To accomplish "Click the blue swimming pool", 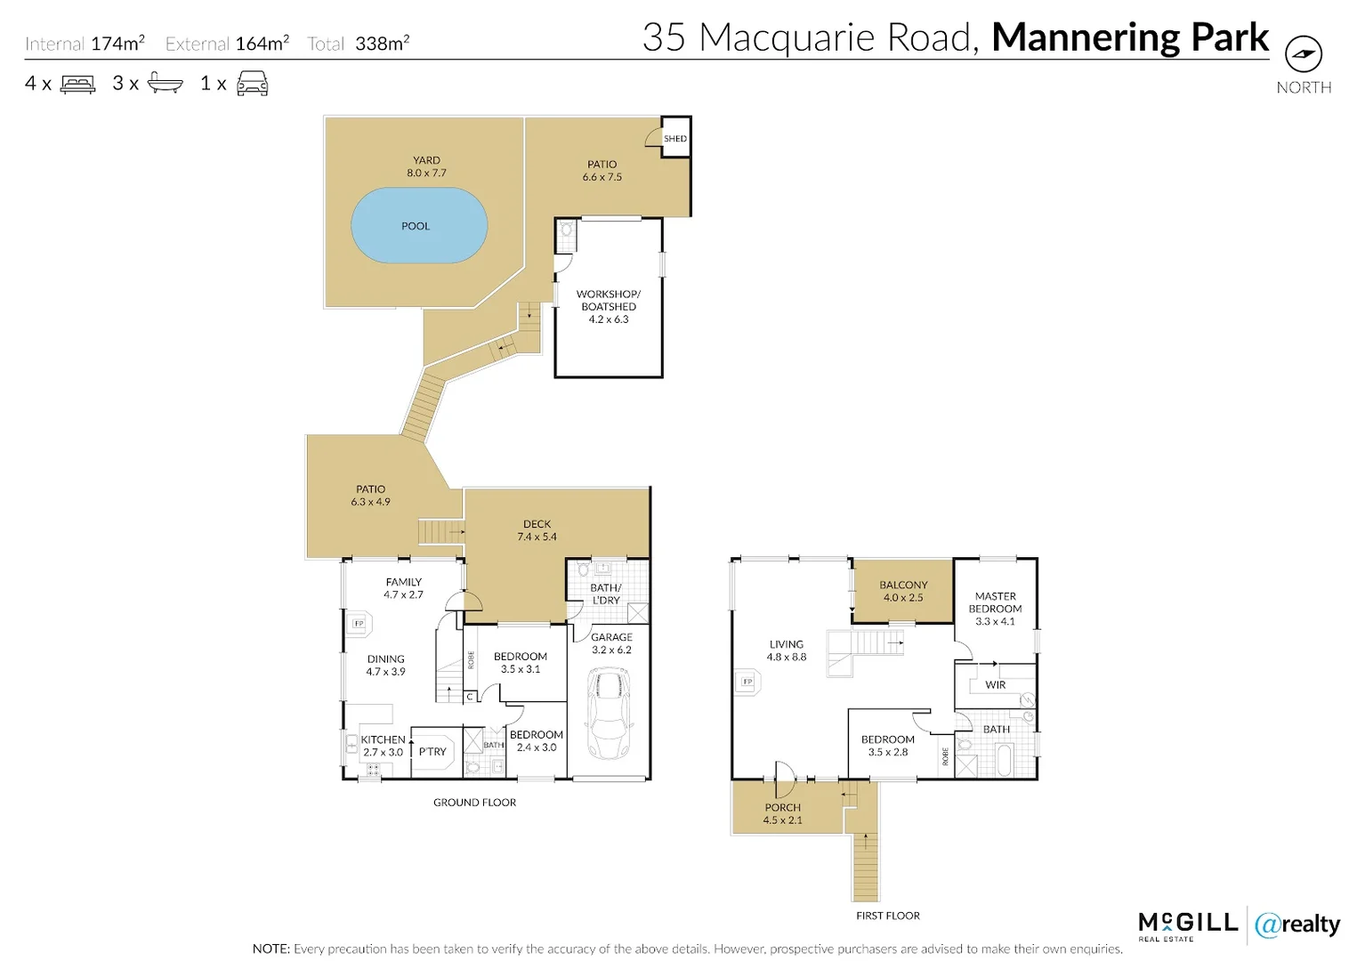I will tap(419, 225).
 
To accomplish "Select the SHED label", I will tap(675, 139).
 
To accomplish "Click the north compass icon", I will tap(1304, 54).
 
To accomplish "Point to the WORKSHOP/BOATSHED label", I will tap(609, 306).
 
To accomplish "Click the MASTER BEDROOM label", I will tap(995, 609).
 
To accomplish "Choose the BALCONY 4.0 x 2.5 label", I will tap(903, 592).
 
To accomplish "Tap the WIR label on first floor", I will tap(996, 685).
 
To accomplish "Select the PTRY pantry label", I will tap(432, 752).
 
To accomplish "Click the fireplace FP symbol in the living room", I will tap(747, 682).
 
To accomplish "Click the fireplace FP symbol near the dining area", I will tap(359, 623).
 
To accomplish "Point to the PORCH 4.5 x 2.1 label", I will tap(782, 814).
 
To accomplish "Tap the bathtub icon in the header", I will tap(165, 84).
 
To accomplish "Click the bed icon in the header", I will tap(77, 85).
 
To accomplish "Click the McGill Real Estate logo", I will tap(1187, 925).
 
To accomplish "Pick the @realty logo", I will tap(1297, 925).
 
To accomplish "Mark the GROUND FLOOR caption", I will tap(474, 803).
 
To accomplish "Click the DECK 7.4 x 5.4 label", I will tap(537, 530).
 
